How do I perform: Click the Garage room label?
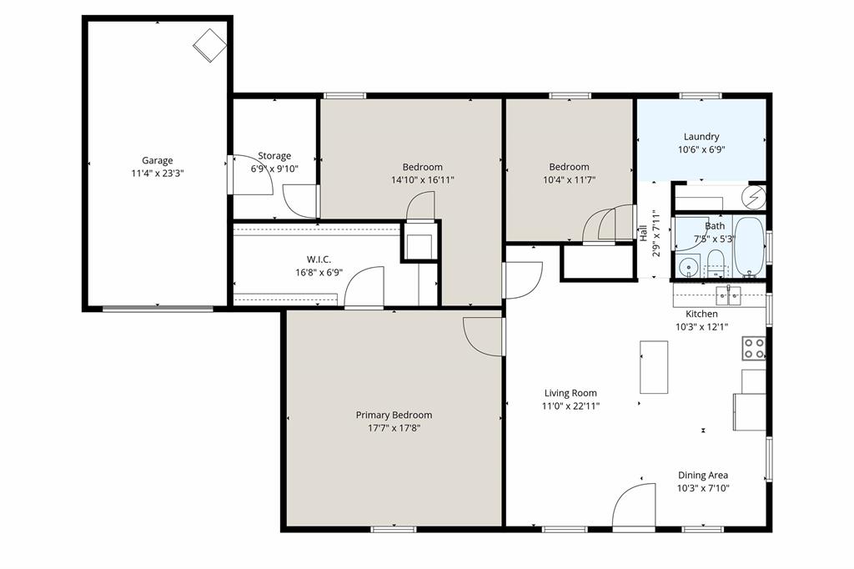(157, 160)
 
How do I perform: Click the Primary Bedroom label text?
(394, 415)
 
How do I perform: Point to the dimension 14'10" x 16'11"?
(422, 179)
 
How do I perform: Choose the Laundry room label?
(701, 137)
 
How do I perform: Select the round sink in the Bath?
(687, 267)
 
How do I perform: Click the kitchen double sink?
(727, 294)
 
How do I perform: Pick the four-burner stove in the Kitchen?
(754, 348)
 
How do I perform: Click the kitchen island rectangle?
(654, 366)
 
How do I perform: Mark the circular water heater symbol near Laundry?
(756, 197)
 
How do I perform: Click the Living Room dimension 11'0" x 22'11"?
(570, 406)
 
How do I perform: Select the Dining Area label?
(702, 476)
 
